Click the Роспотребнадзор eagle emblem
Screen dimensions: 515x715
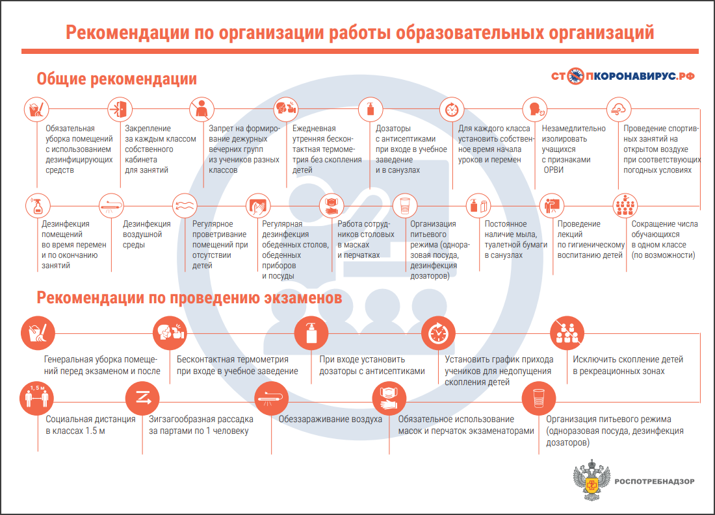pos(591,481)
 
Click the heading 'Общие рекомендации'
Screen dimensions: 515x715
pos(116,79)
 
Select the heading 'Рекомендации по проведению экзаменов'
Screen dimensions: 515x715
pos(189,298)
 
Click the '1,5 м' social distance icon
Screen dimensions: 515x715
pos(35,396)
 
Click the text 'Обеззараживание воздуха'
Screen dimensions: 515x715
pos(330,420)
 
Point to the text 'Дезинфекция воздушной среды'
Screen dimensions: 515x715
pos(142,234)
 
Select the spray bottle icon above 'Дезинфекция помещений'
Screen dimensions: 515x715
pos(37,207)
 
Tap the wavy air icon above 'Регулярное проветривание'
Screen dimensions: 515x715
pos(183,207)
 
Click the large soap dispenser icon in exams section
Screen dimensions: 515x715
pos(308,333)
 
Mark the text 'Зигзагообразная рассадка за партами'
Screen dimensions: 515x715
pos(198,425)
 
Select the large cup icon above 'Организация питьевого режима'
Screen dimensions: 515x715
pos(538,396)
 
